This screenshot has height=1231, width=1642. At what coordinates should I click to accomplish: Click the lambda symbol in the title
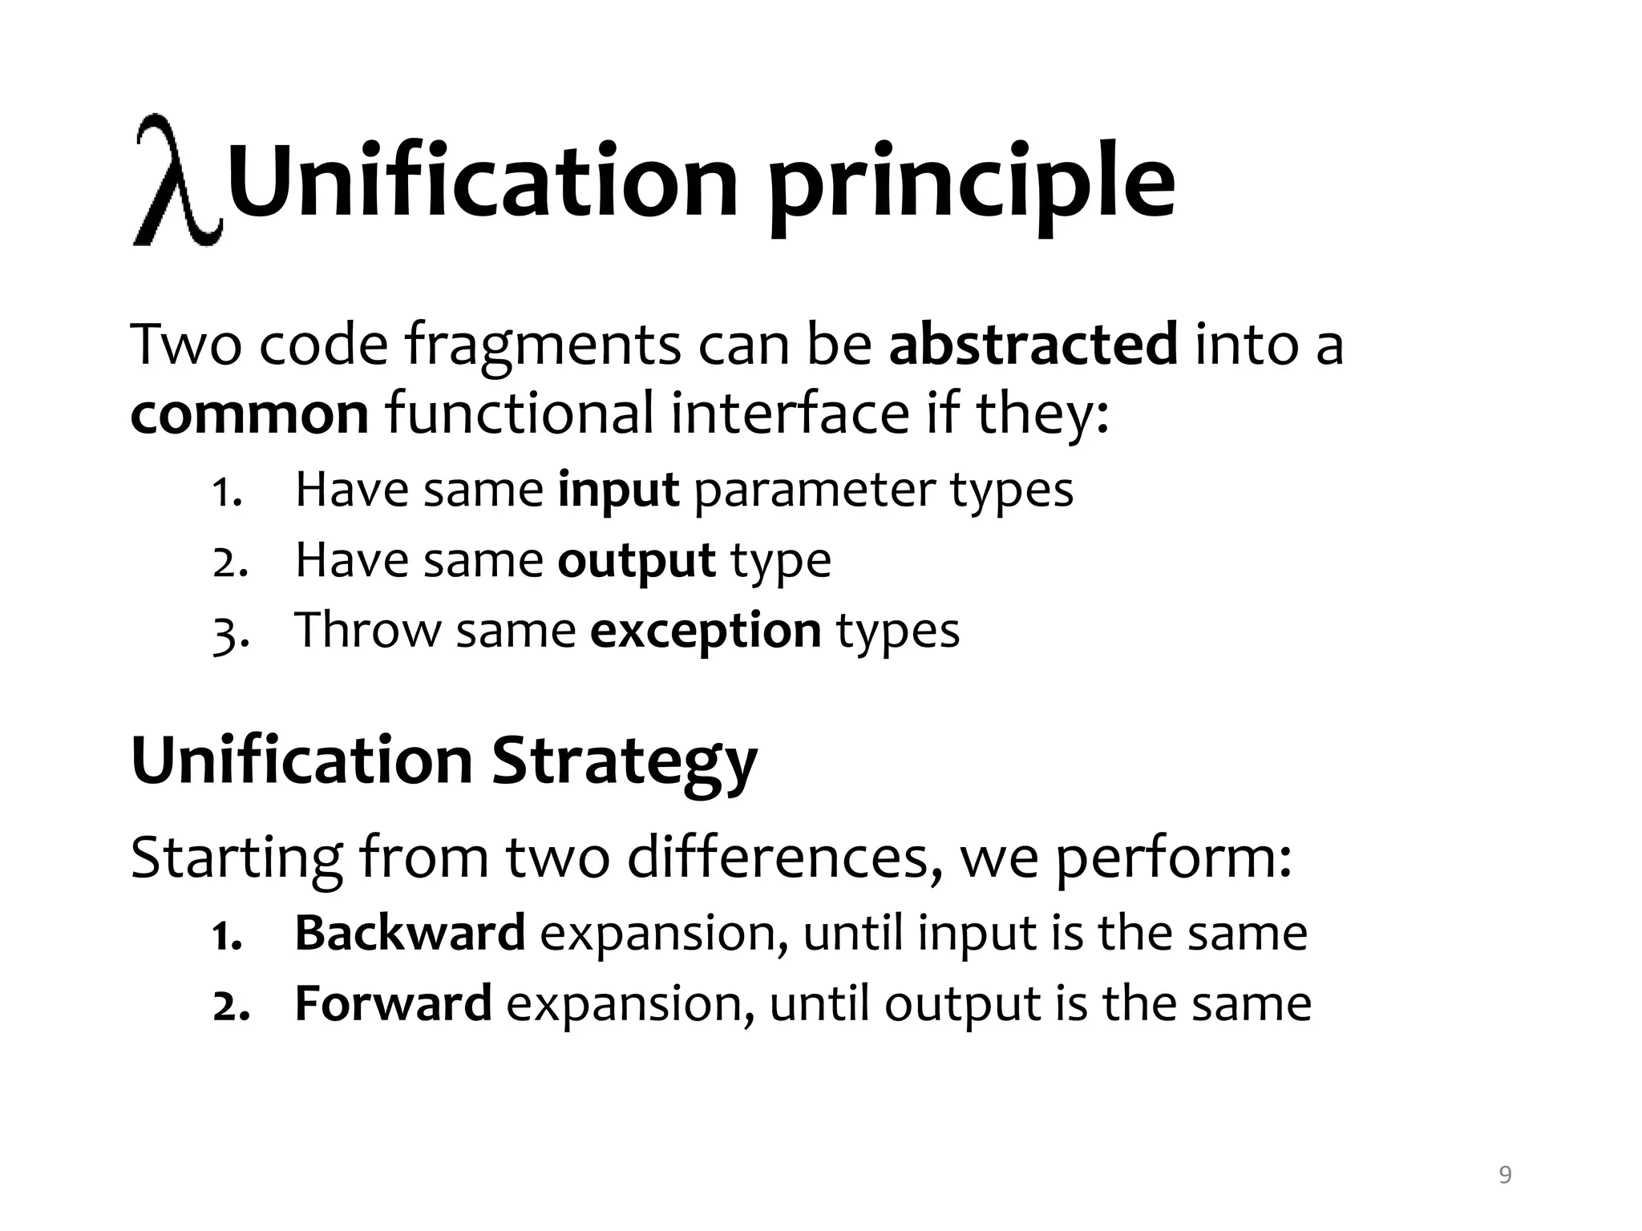click(x=176, y=181)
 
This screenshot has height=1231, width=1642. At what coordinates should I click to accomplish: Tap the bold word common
click(x=249, y=414)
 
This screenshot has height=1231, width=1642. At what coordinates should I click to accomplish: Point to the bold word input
click(x=618, y=490)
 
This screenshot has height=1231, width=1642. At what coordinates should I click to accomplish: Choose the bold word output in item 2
click(x=636, y=560)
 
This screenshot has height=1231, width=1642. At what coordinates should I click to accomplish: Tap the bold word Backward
click(x=410, y=933)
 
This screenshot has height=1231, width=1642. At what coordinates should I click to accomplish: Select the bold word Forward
click(x=393, y=1003)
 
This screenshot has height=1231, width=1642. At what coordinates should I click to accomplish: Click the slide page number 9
click(x=1505, y=1175)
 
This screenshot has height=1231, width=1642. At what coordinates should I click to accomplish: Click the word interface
click(x=790, y=414)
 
